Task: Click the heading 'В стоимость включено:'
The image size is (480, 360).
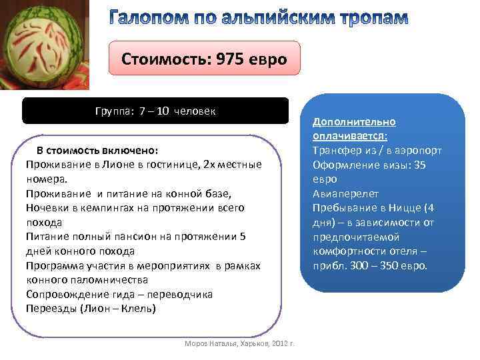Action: click(x=97, y=150)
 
